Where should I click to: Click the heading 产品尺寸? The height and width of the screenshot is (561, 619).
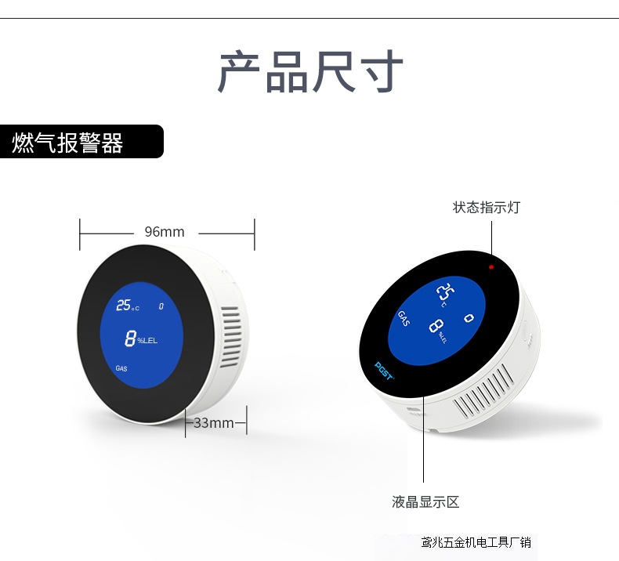coord(309,72)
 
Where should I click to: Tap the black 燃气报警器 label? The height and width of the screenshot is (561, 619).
coord(68,143)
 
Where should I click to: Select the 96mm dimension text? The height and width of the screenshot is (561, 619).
coord(165,232)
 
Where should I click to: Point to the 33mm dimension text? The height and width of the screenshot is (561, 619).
coord(213,423)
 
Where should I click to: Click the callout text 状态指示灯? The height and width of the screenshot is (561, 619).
coord(486,208)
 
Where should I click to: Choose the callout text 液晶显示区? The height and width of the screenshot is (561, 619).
coord(425,502)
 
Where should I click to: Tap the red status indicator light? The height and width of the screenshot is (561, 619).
coord(491,267)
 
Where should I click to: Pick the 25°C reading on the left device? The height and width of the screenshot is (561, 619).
coord(126,306)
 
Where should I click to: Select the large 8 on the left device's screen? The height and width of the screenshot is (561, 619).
coord(130,338)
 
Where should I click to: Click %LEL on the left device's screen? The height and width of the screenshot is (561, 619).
coord(147,341)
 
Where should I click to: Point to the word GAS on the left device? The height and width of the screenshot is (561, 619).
coord(121,367)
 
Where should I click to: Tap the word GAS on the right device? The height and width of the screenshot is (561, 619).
coord(404,318)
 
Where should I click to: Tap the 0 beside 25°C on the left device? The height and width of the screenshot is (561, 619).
coord(161,306)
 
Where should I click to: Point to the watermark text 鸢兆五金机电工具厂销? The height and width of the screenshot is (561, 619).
coord(476,542)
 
